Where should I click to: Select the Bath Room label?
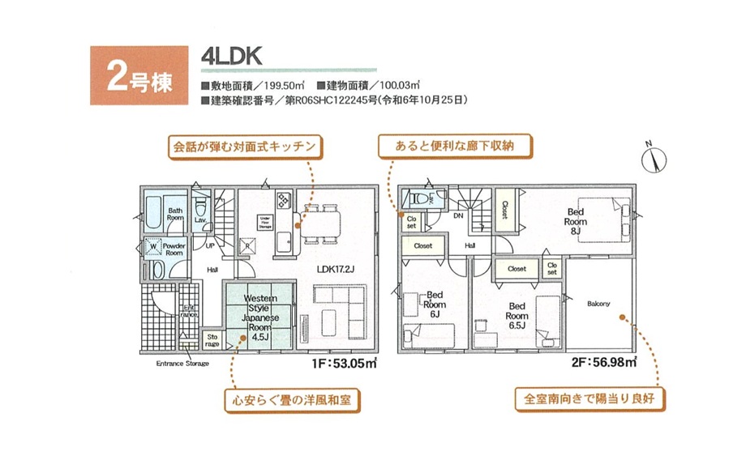175,214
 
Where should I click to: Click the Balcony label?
598,305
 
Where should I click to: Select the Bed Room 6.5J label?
517,316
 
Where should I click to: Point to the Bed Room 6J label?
435,304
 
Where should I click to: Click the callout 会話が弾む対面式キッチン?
244,147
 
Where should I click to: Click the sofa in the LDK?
340,312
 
